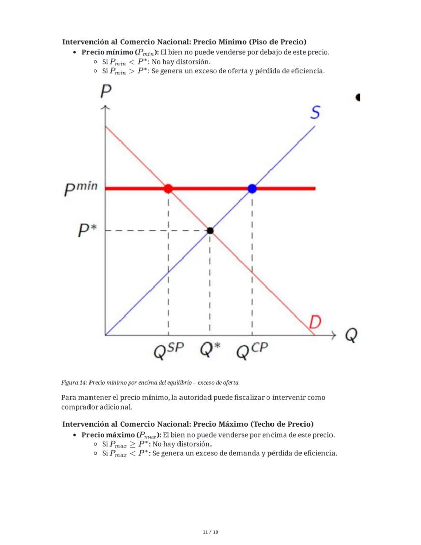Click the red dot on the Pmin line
click(x=168, y=189)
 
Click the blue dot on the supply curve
click(x=252, y=189)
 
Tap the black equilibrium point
click(x=210, y=231)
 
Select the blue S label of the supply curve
click(x=315, y=112)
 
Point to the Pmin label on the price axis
click(x=80, y=189)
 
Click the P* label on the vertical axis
click(x=87, y=232)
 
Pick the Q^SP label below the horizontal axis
click(x=168, y=351)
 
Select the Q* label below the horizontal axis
click(x=210, y=350)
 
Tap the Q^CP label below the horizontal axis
click(x=252, y=351)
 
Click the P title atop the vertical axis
click(x=106, y=92)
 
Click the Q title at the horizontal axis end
click(x=351, y=335)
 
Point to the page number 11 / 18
click(x=210, y=532)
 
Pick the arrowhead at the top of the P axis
click(x=105, y=108)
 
